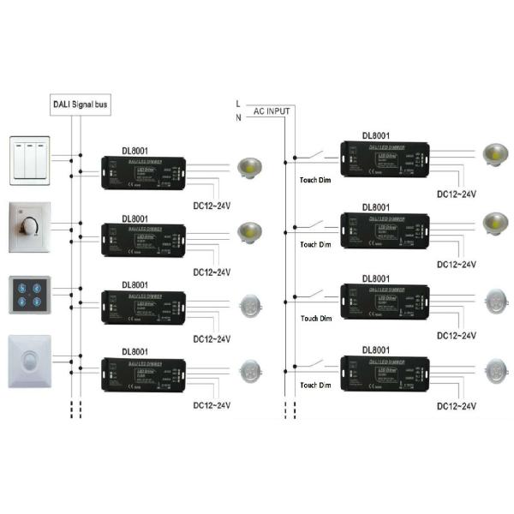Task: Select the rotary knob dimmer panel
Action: coord(34,227)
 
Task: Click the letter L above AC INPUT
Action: coord(238,103)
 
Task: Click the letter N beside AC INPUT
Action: coord(238,117)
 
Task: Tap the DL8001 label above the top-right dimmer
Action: coord(376,135)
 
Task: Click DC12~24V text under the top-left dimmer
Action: coord(212,206)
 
